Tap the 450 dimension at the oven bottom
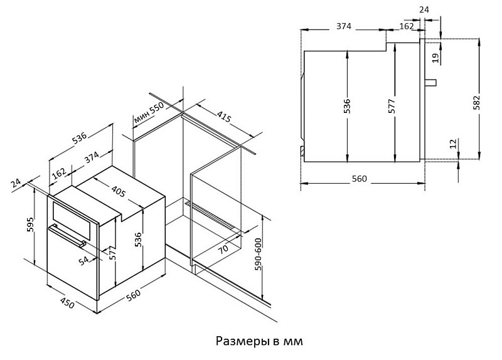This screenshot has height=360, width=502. tap(68, 303)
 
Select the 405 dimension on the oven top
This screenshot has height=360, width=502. tap(119, 191)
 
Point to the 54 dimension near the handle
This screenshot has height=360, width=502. tap(83, 260)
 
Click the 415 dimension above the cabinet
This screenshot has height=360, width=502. tap(224, 117)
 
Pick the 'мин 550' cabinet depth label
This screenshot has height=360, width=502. tap(149, 113)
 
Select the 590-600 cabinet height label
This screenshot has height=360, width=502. tap(259, 255)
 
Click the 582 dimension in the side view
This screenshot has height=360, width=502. tap(477, 103)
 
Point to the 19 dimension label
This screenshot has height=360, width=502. tap(435, 58)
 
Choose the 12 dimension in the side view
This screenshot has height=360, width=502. tap(453, 144)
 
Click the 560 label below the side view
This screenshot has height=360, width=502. tap(359, 179)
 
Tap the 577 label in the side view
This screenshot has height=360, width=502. tap(392, 106)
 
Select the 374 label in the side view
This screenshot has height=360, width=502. tap(344, 26)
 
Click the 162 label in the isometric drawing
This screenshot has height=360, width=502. tap(59, 173)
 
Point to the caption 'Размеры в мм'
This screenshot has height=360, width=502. tap(259, 341)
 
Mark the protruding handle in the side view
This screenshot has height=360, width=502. tap(430, 82)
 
